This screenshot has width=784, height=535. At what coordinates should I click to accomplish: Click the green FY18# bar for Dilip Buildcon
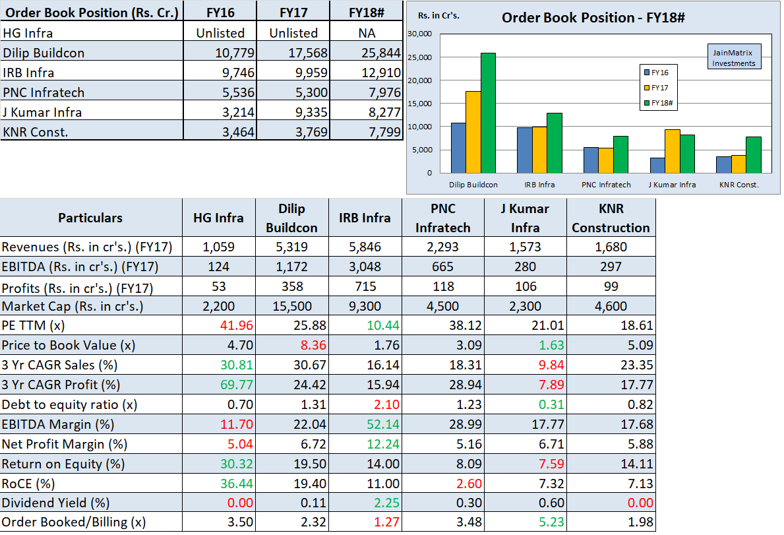[488, 112]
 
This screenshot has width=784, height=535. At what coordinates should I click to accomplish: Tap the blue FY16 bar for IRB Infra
[524, 150]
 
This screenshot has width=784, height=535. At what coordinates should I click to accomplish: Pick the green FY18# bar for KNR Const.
[753, 154]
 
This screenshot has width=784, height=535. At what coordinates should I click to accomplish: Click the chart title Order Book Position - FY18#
[593, 18]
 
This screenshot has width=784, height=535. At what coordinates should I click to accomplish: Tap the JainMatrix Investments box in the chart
[733, 57]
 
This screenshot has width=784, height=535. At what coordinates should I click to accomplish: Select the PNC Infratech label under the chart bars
[606, 185]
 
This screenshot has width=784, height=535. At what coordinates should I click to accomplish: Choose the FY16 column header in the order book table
[220, 13]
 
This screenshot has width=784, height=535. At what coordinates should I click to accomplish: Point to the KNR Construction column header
[611, 218]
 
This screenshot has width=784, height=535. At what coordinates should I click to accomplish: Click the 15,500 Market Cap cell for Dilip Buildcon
[291, 306]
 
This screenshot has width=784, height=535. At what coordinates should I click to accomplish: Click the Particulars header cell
[90, 218]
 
